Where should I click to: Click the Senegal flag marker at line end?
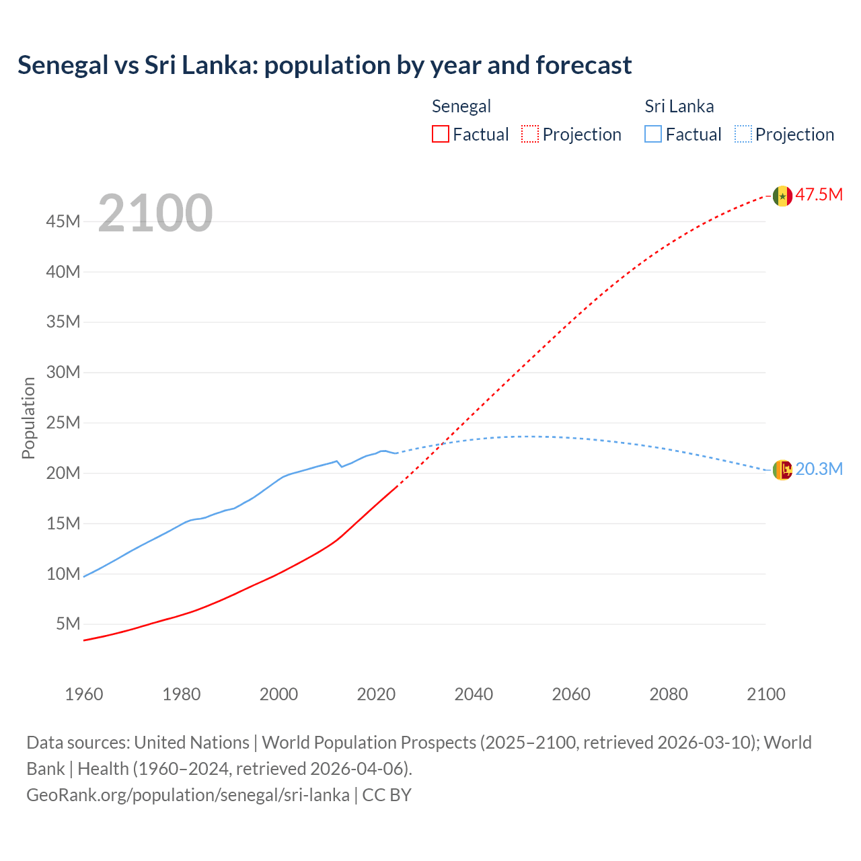click(782, 196)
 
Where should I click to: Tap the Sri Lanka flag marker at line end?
click(782, 470)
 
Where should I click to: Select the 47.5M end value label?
click(819, 195)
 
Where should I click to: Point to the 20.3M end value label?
click(819, 470)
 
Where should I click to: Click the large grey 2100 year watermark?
click(155, 213)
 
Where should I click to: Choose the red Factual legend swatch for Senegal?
click(440, 135)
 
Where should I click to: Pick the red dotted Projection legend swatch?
click(530, 135)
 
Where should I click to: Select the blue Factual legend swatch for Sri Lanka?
click(652, 135)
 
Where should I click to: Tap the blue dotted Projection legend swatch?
click(743, 135)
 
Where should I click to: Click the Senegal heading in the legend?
click(461, 106)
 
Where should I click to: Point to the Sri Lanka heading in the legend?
click(679, 106)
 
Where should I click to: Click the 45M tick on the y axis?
click(63, 222)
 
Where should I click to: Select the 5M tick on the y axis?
click(68, 624)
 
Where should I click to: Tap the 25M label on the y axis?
click(63, 423)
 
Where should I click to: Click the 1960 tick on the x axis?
click(84, 694)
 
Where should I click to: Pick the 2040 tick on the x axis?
click(474, 694)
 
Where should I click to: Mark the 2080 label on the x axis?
click(669, 694)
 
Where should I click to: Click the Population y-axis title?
click(28, 418)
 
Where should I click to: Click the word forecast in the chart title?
click(583, 65)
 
